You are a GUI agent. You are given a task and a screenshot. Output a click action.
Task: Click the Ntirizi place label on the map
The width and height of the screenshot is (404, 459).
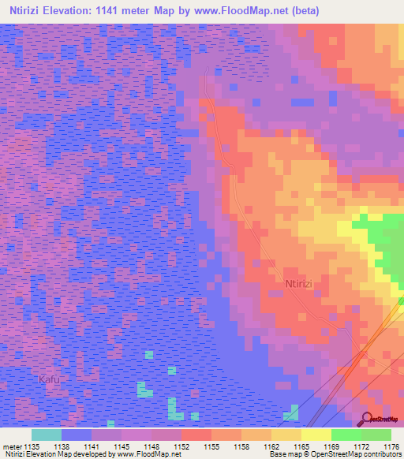click(x=300, y=279)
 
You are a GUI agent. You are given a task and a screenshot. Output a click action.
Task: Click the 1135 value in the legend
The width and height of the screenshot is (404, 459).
click(x=31, y=446)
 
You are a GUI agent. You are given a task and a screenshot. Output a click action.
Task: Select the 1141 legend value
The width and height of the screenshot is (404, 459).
click(x=91, y=446)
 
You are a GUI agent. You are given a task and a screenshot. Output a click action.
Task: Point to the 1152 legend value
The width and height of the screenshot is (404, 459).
click(x=181, y=446)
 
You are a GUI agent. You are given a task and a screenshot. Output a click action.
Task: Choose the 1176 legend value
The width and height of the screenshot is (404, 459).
click(x=391, y=446)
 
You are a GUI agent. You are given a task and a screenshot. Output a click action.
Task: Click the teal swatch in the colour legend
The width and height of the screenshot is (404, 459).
click(x=46, y=435)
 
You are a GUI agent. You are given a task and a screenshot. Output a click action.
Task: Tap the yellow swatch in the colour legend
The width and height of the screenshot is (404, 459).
click(x=316, y=435)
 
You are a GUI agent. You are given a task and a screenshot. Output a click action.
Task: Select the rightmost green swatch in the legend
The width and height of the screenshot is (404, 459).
click(x=376, y=435)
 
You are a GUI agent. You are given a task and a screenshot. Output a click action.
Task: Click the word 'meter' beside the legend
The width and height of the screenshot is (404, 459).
click(x=12, y=446)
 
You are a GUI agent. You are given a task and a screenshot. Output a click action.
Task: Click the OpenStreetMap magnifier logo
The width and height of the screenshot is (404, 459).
click(x=367, y=419)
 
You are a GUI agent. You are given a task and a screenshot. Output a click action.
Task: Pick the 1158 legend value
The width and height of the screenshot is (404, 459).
click(x=241, y=446)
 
